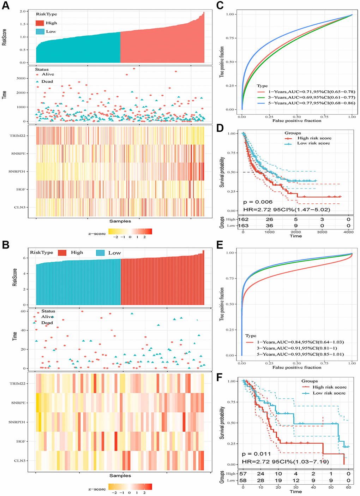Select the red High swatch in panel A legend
point(40,23)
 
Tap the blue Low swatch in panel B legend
point(101,253)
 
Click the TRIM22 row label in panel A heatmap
point(17,136)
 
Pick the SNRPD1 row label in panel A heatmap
point(17,172)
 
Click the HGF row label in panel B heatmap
point(20,441)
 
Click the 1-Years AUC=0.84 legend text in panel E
point(300,342)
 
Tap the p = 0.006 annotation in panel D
point(258,202)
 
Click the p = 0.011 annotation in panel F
point(257,454)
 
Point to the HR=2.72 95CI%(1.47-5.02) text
point(287,210)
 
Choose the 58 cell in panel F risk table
point(243,480)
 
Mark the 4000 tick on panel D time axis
point(348,232)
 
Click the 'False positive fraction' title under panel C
point(297,121)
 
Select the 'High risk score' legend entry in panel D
point(314,138)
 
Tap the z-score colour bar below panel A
point(130,232)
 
